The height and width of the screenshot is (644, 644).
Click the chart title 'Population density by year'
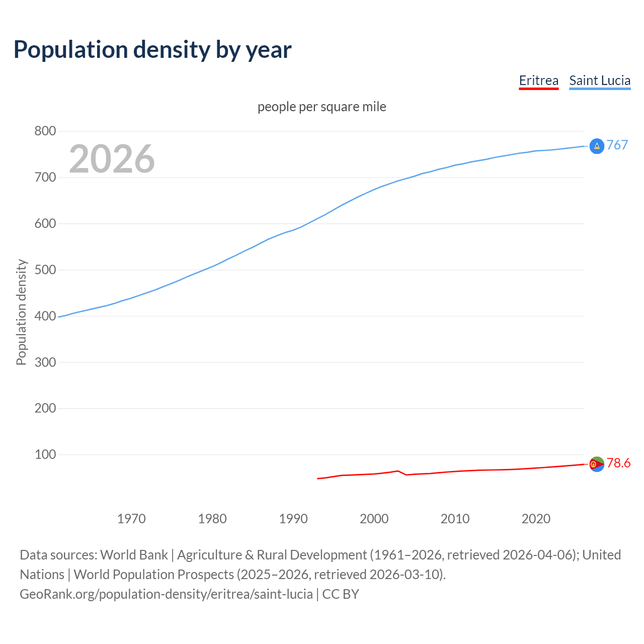(152, 50)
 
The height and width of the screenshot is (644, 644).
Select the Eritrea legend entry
(538, 80)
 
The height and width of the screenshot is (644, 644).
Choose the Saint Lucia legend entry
(600, 80)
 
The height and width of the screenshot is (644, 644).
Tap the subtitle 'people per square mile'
(322, 107)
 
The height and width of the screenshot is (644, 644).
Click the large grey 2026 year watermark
(112, 159)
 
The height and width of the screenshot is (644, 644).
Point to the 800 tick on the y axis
(45, 131)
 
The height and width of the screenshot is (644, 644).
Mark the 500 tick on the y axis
(45, 270)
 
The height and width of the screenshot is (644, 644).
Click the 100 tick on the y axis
(45, 454)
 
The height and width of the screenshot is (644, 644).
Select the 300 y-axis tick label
(45, 362)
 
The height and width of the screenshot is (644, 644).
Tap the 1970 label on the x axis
(131, 519)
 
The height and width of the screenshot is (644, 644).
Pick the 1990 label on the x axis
(293, 519)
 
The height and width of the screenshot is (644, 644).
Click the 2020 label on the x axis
(536, 519)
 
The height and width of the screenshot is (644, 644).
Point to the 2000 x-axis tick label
(374, 519)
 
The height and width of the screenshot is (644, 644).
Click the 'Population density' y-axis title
(21, 312)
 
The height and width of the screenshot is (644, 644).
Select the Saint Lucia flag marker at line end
(597, 146)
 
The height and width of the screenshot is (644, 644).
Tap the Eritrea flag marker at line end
(597, 464)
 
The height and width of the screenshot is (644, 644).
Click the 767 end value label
(617, 145)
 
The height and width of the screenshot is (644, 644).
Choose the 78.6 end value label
(618, 463)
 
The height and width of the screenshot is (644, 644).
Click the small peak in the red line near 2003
(398, 471)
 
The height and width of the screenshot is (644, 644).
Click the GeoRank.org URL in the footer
(166, 594)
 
